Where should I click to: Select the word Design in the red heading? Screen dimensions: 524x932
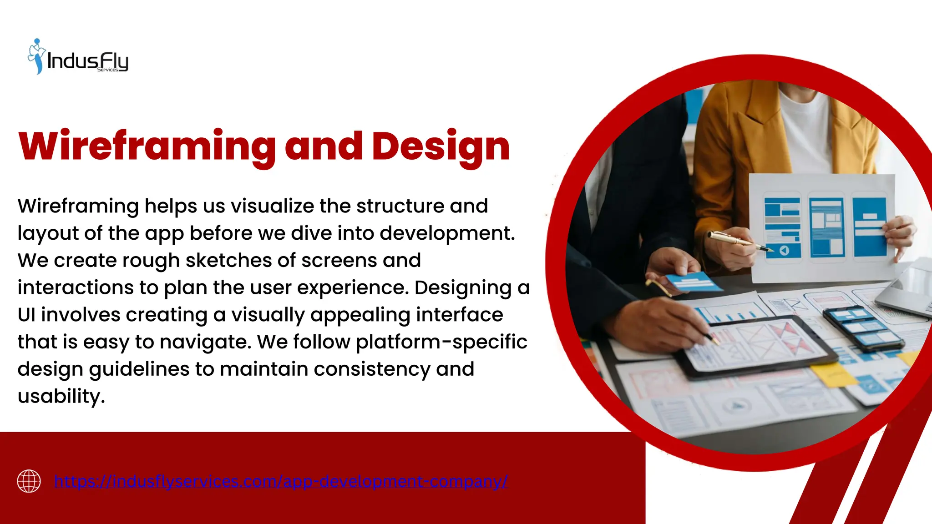(441, 146)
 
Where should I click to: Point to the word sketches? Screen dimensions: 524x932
(228, 261)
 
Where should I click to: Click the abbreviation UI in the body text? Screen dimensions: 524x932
(26, 315)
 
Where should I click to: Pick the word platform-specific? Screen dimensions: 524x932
(441, 342)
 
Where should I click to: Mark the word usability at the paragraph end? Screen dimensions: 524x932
(61, 396)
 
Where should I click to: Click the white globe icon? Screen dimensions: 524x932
(29, 481)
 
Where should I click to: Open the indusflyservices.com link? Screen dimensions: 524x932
(280, 481)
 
